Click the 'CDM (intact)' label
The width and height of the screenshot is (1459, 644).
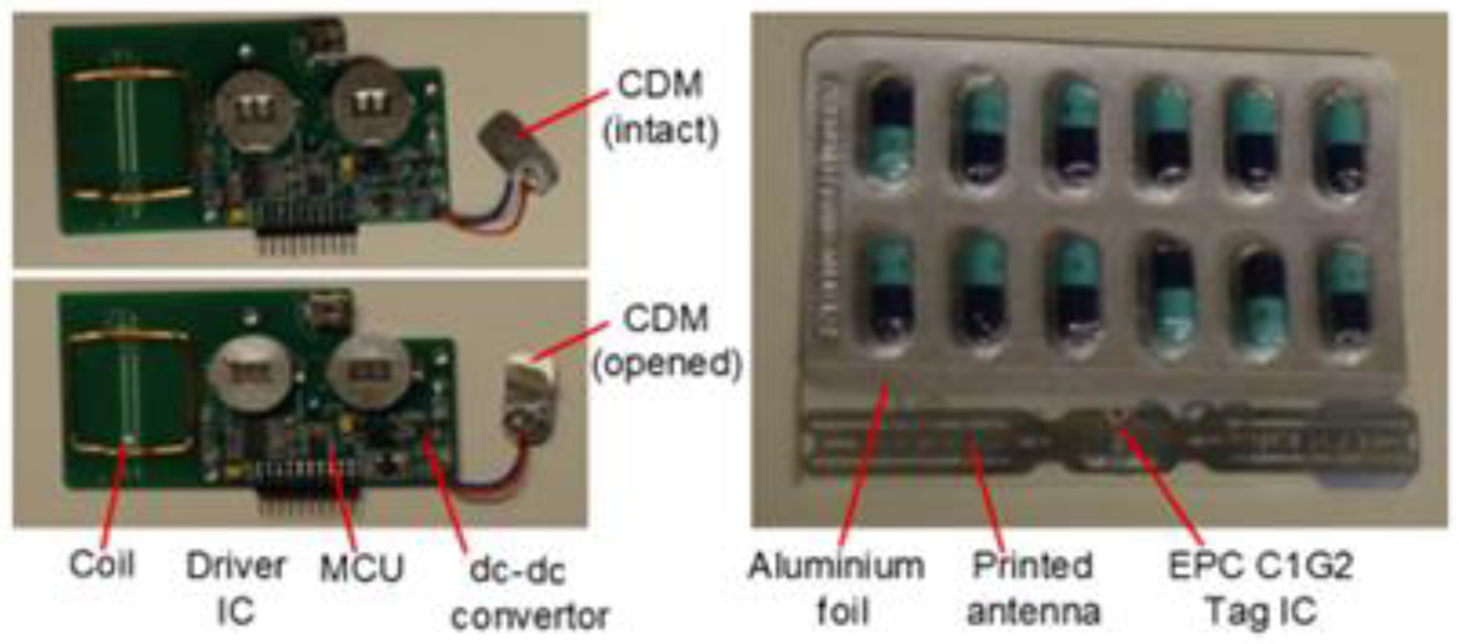click(660, 107)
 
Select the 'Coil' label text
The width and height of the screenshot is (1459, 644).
click(102, 563)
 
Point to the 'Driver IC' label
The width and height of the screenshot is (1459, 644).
click(235, 589)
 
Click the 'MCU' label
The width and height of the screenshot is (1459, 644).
click(361, 567)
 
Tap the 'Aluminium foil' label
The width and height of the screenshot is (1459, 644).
click(836, 589)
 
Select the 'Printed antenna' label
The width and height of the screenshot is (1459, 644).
click(1033, 589)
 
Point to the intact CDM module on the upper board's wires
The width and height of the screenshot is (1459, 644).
click(516, 148)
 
